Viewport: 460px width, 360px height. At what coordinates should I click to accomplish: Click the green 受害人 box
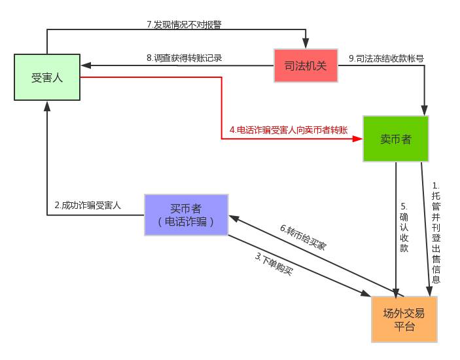click(47, 77)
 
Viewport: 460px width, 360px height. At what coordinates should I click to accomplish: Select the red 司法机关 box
click(306, 65)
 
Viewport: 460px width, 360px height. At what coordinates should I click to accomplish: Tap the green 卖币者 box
click(395, 139)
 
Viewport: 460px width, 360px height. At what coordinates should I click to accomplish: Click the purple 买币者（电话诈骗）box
click(186, 215)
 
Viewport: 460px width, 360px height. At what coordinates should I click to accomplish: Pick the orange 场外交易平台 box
click(404, 319)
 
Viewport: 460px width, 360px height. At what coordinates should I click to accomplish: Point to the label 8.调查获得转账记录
click(185, 58)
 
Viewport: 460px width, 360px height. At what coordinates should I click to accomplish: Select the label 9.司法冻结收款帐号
click(386, 58)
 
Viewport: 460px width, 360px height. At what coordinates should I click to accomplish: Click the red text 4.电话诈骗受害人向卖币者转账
click(289, 130)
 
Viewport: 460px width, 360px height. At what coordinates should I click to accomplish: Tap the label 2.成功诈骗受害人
click(88, 205)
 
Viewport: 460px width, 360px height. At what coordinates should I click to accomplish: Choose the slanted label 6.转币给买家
click(303, 237)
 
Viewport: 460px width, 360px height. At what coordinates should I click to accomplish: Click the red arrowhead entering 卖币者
click(359, 139)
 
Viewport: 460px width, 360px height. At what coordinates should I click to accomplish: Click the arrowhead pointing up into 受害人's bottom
click(47, 105)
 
